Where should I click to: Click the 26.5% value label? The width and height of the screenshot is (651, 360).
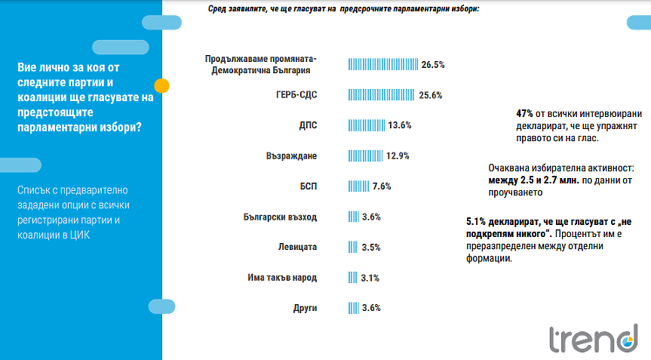tap(433, 65)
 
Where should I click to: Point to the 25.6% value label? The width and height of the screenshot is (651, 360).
tap(430, 95)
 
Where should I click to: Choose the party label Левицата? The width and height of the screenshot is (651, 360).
tap(297, 248)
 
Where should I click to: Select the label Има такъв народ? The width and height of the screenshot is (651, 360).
tap(282, 278)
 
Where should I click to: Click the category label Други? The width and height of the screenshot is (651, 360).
tap(305, 308)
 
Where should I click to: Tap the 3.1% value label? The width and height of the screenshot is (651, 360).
tap(370, 278)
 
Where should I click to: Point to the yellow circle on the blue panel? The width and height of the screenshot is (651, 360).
tap(161, 85)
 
